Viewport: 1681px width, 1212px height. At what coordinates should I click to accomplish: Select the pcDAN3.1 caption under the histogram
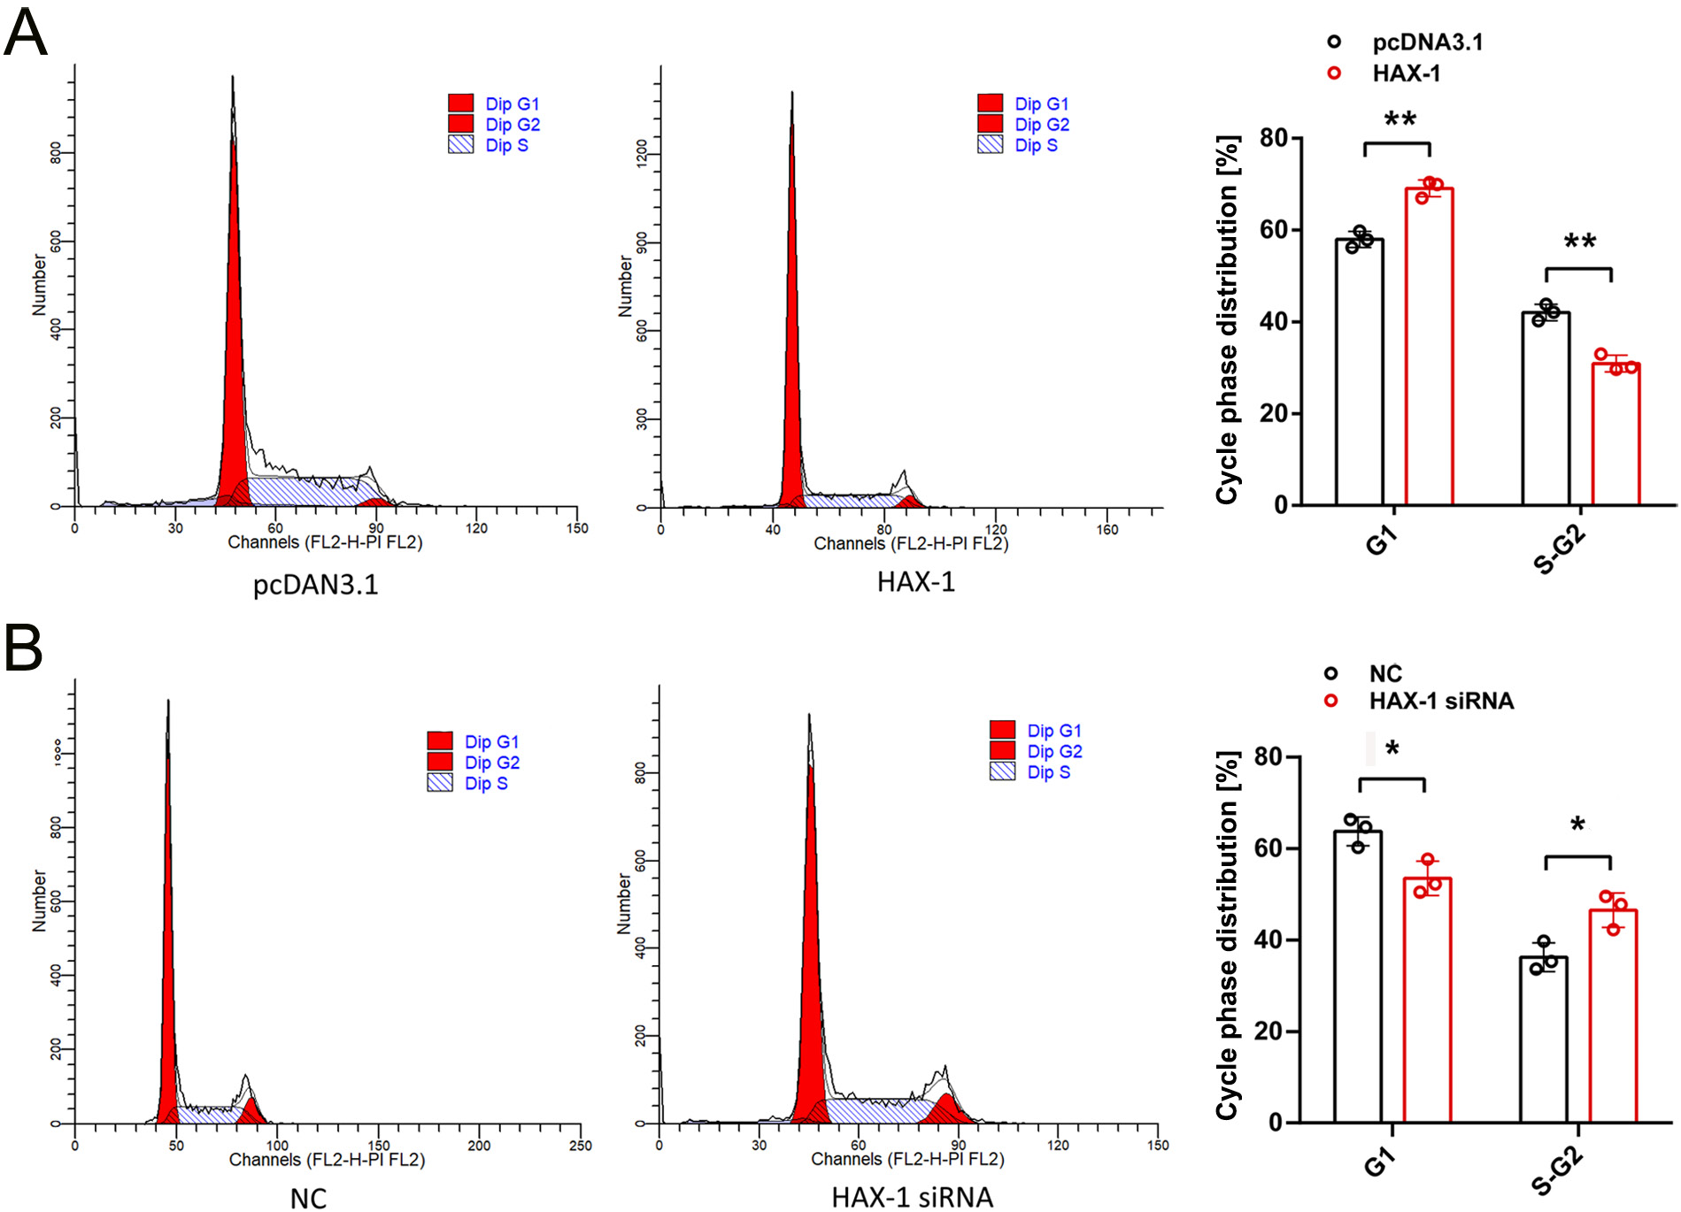click(315, 585)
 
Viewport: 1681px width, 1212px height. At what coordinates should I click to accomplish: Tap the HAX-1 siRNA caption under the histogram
click(912, 1197)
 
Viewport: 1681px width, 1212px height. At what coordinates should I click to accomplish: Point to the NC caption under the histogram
click(308, 1198)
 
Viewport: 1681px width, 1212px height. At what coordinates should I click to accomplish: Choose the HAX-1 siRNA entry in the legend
click(1440, 702)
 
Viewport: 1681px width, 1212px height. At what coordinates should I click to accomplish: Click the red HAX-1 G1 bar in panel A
click(1429, 345)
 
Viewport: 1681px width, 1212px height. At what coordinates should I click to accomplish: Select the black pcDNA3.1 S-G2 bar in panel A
click(1546, 407)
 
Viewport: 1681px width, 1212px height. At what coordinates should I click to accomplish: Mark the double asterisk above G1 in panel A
click(1400, 119)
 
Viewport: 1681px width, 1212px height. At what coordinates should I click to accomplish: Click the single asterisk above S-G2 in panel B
click(1577, 826)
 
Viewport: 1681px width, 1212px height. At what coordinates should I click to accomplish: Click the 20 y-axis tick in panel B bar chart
click(1269, 1032)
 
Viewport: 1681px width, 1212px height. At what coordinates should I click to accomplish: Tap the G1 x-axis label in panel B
click(1379, 1162)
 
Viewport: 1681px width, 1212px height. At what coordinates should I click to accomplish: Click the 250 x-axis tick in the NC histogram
click(580, 1146)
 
